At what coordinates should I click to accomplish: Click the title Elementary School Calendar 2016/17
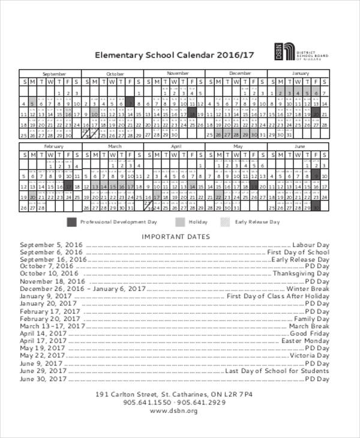pyautogui.click(x=175, y=55)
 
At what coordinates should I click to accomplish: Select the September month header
pyautogui.click(x=53, y=73)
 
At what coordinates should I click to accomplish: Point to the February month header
pyautogui.click(x=53, y=146)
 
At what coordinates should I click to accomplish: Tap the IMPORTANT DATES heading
pyautogui.click(x=175, y=236)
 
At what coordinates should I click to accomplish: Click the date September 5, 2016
pyautogui.click(x=51, y=245)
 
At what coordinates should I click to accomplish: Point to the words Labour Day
pyautogui.click(x=311, y=245)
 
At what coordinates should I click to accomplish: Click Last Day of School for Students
pyautogui.click(x=277, y=371)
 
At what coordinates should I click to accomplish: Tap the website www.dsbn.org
pyautogui.click(x=175, y=411)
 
